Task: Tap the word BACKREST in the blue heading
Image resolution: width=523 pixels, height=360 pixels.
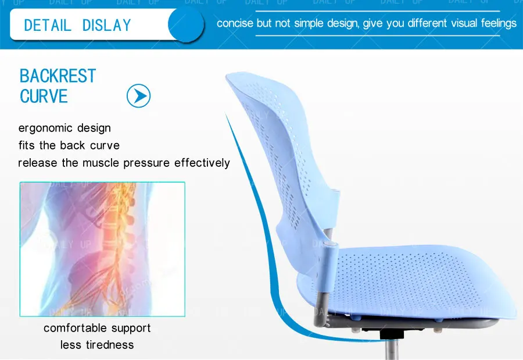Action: pyautogui.click(x=58, y=76)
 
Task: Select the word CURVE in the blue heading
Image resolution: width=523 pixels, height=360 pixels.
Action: pyautogui.click(x=44, y=96)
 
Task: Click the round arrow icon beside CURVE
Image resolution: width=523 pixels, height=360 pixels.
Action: pyautogui.click(x=138, y=95)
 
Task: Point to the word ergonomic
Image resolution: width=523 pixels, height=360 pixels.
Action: pyautogui.click(x=46, y=128)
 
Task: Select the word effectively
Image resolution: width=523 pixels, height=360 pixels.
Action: pyautogui.click(x=202, y=163)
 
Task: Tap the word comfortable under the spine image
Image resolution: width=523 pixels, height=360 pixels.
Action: pyautogui.click(x=73, y=328)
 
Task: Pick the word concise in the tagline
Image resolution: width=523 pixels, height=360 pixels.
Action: pyautogui.click(x=235, y=24)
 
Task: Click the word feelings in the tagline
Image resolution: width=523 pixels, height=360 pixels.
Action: pyautogui.click(x=495, y=24)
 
